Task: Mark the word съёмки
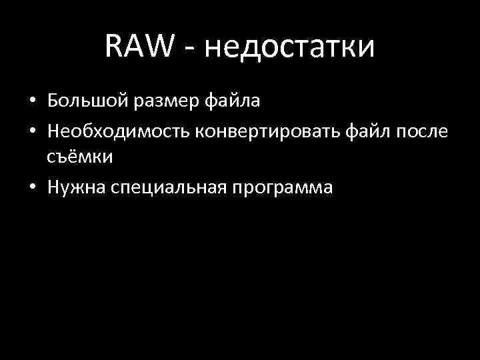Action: click(80, 158)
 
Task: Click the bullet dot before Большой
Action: click(32, 103)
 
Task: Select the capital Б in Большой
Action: click(53, 101)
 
